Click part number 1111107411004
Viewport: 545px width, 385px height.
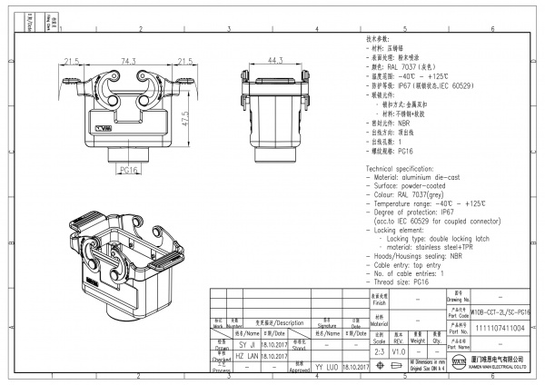click(x=500, y=329)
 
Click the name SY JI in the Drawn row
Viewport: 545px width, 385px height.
click(x=246, y=345)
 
